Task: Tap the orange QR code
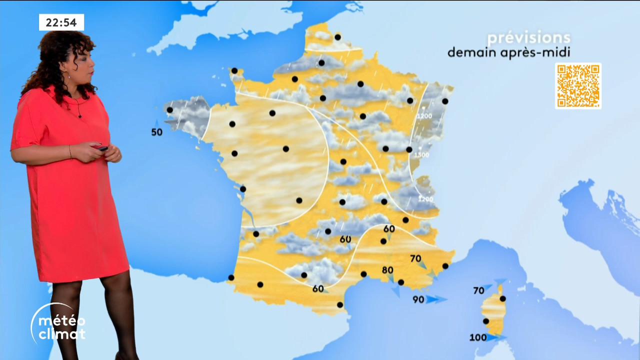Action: coord(578,85)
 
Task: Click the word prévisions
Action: coord(528,38)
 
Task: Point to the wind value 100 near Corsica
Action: coord(478,337)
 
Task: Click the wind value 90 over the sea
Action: coord(418,299)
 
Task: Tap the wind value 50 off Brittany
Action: coord(157,132)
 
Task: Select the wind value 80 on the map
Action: coord(387,270)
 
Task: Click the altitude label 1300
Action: coord(421,155)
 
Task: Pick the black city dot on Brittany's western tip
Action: coord(170,110)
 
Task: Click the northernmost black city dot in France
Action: coord(338,37)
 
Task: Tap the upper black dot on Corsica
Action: coord(502,298)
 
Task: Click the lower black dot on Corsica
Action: coord(485,321)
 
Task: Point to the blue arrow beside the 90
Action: coord(436,299)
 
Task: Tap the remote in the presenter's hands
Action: coord(102,148)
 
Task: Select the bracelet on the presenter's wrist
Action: coord(70,151)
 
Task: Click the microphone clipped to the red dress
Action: coord(79,115)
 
